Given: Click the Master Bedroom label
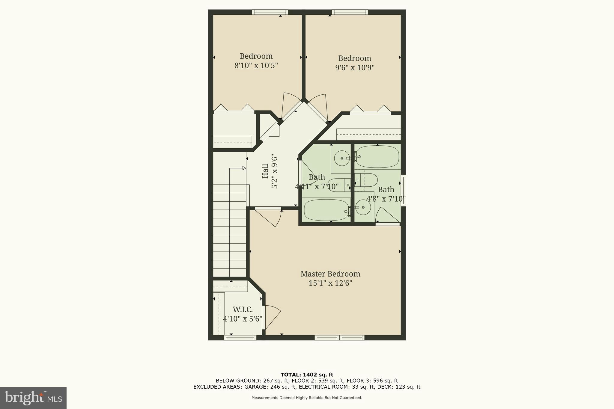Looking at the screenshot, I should (330, 274).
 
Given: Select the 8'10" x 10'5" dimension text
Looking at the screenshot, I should (256, 66).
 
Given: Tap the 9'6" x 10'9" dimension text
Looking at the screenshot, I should (355, 68).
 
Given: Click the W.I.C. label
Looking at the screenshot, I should (243, 310).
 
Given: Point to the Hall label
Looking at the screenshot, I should (265, 171).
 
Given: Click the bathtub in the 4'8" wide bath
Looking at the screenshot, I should (377, 157).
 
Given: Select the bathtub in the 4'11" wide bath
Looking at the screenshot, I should (326, 210).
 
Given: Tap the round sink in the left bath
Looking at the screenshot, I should (342, 158).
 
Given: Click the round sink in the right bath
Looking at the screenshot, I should (363, 207).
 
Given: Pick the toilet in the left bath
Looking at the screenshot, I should (339, 185).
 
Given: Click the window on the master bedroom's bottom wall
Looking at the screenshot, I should (339, 338).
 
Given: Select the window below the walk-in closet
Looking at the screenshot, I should (240, 338).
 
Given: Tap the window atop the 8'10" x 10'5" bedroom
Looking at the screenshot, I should (270, 12).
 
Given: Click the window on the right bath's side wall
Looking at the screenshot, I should (403, 191).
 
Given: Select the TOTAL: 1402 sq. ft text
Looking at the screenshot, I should (307, 375).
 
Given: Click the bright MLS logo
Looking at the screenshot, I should (33, 398).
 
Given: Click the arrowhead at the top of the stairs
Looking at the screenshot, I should (244, 168).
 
